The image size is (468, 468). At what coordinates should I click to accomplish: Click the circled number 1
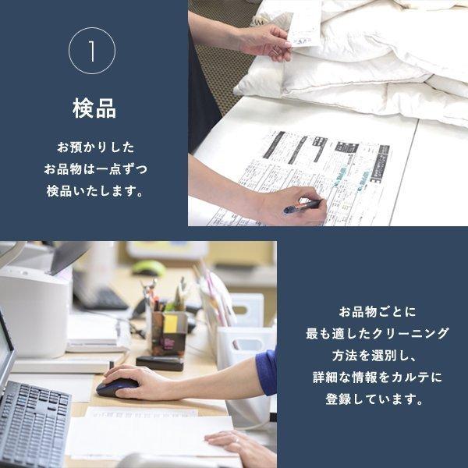coord(92,51)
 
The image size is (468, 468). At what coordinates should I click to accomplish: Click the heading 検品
coord(94,109)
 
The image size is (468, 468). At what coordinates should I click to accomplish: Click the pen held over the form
coord(302,207)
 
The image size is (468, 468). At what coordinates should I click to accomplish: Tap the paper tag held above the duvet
coord(304,23)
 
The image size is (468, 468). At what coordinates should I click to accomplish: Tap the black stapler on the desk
coord(159,363)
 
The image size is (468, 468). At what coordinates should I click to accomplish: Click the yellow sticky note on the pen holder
coord(170,324)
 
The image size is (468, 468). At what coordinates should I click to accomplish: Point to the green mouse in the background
coord(148,268)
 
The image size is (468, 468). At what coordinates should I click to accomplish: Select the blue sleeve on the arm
coord(267,370)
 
